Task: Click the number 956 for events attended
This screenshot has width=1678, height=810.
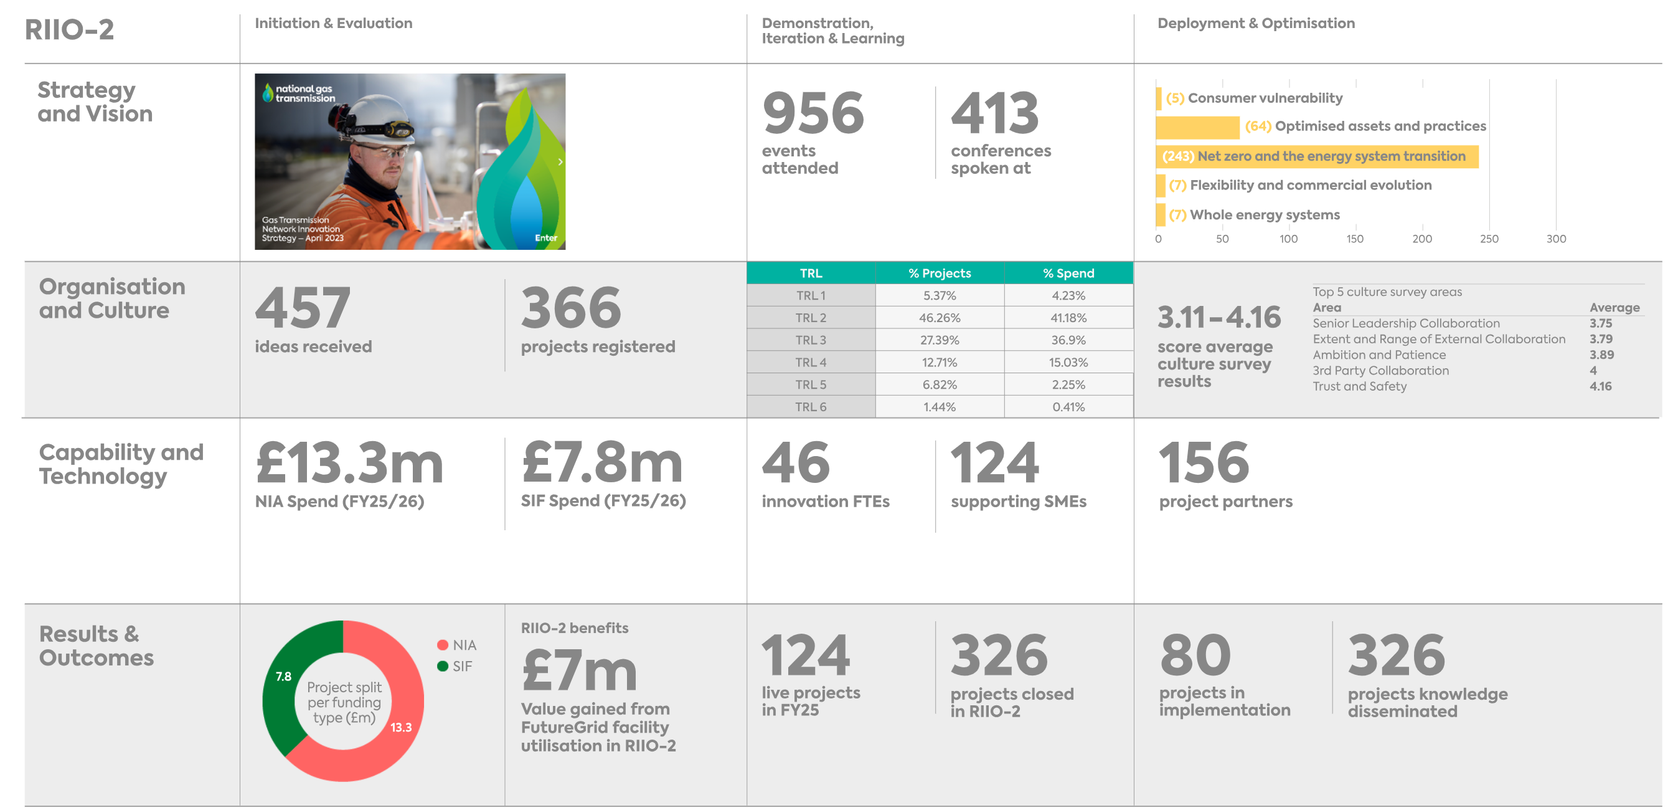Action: coord(813,113)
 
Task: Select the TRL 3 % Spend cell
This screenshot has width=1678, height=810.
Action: coord(1068,340)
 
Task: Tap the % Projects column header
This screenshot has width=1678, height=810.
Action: coord(940,273)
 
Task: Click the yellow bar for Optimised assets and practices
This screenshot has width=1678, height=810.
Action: coord(1197,127)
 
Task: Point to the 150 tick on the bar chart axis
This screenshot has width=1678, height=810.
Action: coord(1355,239)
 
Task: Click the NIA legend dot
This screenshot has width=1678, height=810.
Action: coord(442,644)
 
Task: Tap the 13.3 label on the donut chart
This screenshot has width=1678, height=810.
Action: coord(400,727)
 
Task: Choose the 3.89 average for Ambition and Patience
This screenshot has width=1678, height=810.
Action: coord(1601,355)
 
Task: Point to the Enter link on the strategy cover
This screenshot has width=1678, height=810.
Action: coord(546,238)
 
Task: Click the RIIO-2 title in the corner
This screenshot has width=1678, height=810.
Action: coord(69,30)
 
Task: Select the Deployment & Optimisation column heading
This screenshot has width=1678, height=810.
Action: coord(1256,24)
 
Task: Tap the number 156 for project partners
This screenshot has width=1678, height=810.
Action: coord(1204,463)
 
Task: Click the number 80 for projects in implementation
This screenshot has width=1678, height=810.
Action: coord(1195,655)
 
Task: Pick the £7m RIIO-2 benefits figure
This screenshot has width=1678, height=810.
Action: coord(580,671)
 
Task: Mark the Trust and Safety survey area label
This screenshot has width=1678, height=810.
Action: coord(1359,386)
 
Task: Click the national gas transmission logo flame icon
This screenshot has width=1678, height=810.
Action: coord(267,93)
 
